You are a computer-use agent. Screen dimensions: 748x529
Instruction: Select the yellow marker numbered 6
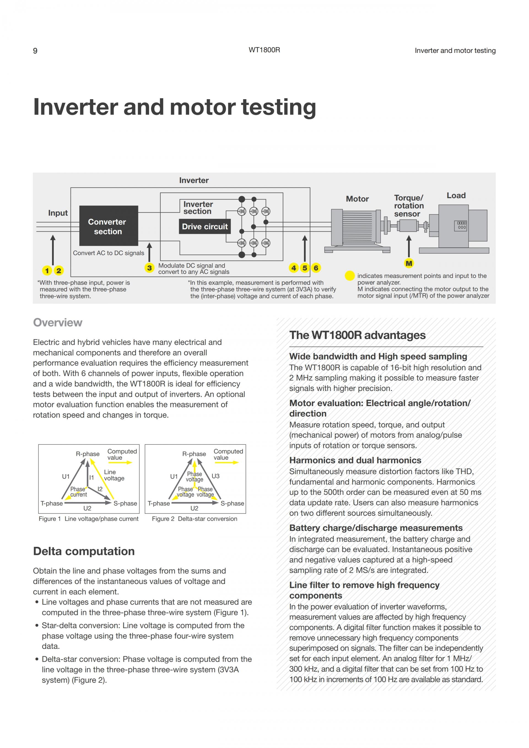316,268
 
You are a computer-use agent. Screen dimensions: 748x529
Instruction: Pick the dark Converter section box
109,226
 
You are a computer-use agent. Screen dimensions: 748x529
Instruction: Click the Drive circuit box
204,226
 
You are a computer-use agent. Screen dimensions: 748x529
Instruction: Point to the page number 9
35,51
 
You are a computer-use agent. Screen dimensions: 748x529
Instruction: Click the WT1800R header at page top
264,50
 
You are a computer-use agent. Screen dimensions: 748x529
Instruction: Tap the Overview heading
58,323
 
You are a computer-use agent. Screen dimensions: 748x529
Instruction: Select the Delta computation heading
84,551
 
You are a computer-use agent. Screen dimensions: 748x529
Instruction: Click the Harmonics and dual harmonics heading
355,460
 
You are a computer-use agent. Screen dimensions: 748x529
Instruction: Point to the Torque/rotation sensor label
409,206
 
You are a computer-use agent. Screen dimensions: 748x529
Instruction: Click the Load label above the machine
456,195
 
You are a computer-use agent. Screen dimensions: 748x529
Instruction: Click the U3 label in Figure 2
216,476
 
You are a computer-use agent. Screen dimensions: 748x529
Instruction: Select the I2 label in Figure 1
100,489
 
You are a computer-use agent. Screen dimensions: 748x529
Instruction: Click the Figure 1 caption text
89,519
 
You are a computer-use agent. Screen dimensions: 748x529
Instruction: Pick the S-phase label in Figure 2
232,503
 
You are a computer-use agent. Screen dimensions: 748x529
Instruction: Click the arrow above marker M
409,246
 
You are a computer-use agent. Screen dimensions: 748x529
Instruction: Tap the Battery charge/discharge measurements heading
376,528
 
